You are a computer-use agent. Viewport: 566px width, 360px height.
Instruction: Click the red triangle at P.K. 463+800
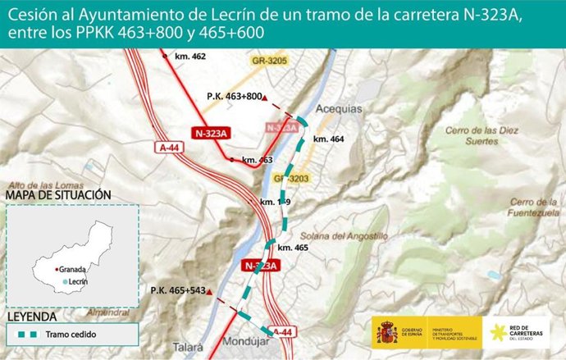[x=265, y=98]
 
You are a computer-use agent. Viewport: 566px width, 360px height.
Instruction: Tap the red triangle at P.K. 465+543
[x=210, y=292]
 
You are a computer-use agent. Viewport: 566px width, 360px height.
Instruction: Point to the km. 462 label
[x=190, y=57]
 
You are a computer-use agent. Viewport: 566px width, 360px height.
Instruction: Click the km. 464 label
[x=327, y=139]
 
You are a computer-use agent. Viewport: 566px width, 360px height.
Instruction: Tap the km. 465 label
[x=293, y=247]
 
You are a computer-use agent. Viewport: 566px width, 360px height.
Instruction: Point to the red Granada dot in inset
[x=56, y=269]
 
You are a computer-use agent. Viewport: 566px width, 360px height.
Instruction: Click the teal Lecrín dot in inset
[x=65, y=282]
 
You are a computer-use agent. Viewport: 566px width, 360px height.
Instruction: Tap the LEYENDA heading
[x=31, y=317]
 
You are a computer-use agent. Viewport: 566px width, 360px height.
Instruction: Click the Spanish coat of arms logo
[x=386, y=332]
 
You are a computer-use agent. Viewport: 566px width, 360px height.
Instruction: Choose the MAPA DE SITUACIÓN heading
[x=58, y=195]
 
